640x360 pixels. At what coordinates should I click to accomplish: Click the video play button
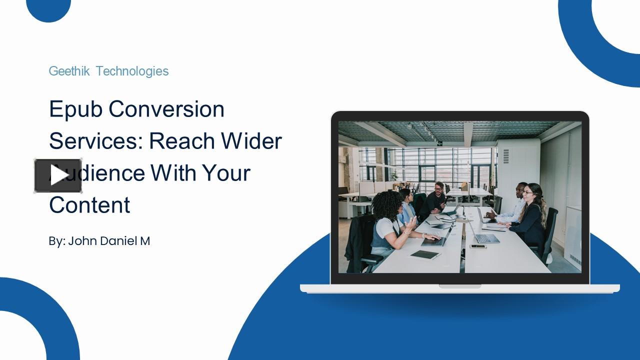tap(58, 175)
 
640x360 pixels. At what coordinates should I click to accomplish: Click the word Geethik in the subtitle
tap(69, 71)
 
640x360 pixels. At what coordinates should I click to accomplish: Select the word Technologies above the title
tap(132, 71)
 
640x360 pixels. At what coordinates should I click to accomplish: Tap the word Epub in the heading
tap(75, 109)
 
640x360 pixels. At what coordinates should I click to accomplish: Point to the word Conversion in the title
tap(166, 109)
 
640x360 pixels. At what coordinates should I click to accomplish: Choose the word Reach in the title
tap(181, 141)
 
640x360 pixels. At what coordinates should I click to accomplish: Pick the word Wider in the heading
tap(251, 141)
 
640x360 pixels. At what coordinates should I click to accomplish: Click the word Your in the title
tap(226, 173)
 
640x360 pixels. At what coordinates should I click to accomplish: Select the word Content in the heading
tap(89, 205)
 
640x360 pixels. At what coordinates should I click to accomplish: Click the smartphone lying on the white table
tap(478, 246)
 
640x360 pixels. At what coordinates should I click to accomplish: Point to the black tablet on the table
tap(424, 255)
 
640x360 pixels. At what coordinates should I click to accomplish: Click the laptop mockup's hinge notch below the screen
tap(459, 286)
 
